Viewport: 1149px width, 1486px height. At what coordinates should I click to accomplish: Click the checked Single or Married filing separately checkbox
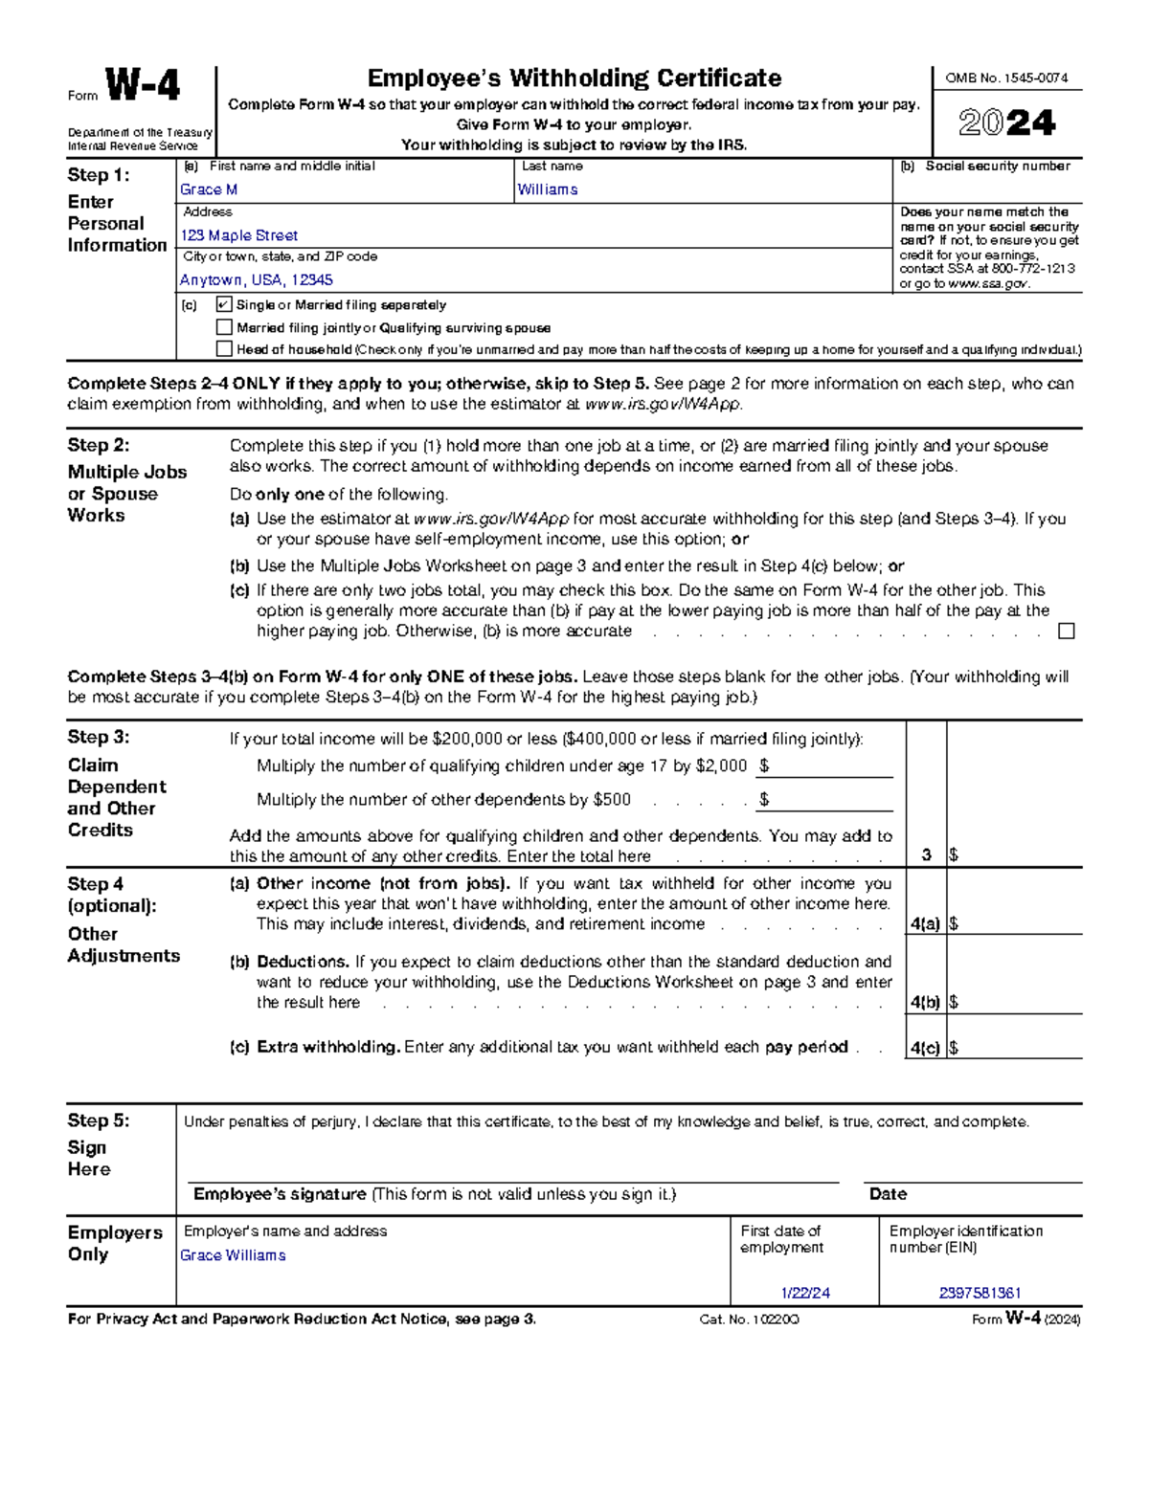tap(224, 304)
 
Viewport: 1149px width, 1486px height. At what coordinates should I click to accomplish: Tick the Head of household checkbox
tap(224, 349)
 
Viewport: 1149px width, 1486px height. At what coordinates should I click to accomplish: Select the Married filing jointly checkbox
tap(224, 327)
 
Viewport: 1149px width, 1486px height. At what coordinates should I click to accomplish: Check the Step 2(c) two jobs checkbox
tap(1066, 631)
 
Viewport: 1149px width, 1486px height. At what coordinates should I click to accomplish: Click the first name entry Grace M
tap(209, 189)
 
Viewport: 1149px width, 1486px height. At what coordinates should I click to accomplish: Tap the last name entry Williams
tap(547, 189)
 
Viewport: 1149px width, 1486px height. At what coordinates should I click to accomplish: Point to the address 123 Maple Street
tap(239, 235)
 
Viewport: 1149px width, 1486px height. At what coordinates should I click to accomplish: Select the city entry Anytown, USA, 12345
tap(257, 280)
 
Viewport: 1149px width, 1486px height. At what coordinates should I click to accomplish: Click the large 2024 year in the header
tap(1006, 122)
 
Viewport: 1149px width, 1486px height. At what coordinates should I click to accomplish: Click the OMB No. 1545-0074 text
tap(1006, 78)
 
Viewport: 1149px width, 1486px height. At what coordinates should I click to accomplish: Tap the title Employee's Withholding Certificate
tap(574, 78)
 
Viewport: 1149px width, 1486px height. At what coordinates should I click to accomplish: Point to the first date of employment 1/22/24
tap(805, 1293)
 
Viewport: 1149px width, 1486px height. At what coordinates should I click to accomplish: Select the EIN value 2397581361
tap(980, 1293)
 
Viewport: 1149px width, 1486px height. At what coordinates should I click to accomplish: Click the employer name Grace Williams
tap(233, 1255)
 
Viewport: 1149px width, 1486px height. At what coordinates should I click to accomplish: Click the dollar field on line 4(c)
tap(1015, 1048)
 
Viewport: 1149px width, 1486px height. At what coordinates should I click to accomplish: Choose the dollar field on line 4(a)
tap(1015, 923)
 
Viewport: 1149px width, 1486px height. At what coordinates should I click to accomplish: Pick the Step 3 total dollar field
tap(1015, 854)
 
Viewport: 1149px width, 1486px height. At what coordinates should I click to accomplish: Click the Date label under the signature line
tap(888, 1194)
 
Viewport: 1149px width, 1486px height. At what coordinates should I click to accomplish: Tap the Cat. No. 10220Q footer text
tap(749, 1320)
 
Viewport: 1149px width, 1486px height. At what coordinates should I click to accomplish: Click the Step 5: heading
tap(98, 1120)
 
